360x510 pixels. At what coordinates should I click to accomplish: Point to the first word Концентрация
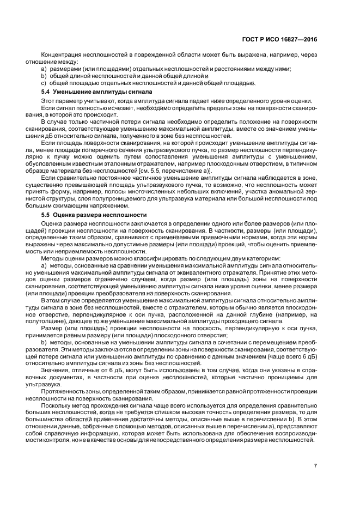coord(60,56)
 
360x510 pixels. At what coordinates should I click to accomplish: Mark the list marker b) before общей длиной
coord(44,76)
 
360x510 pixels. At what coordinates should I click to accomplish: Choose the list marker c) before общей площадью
coord(44,83)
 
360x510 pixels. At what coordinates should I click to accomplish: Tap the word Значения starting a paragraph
coord(56,384)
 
